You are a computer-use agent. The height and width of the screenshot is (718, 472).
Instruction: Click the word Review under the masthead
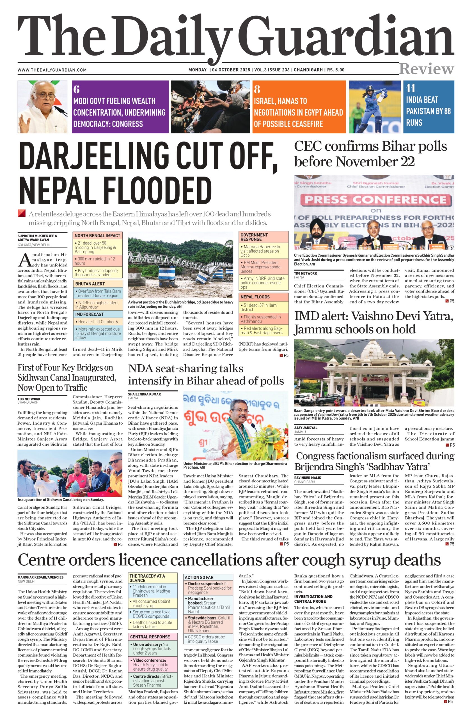tap(426, 69)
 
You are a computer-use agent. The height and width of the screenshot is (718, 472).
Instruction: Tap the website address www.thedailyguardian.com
tap(52, 70)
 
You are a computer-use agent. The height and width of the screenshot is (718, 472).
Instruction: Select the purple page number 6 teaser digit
tap(76, 89)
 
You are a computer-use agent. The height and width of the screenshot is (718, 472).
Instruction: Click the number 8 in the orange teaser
tap(257, 89)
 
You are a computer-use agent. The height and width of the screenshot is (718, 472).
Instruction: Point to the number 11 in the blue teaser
tap(411, 88)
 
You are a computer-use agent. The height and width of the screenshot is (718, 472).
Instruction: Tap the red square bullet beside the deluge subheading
tap(21, 213)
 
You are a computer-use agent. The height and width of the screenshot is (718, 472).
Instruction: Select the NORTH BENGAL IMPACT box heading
tap(97, 236)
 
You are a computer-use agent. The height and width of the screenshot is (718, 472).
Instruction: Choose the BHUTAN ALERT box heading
tap(90, 284)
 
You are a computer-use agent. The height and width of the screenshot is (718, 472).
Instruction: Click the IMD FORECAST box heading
tap(89, 314)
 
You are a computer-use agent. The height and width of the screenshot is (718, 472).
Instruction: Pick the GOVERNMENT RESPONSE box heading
tap(254, 237)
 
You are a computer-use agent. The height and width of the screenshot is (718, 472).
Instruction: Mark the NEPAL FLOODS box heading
tap(255, 297)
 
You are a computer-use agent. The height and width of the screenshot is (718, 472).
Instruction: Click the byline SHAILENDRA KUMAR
tap(144, 394)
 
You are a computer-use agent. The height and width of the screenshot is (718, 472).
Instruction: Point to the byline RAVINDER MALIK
tap(308, 478)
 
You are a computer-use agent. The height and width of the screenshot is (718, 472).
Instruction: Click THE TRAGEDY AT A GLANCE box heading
tap(147, 578)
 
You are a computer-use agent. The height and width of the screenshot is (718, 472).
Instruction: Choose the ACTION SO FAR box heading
tap(199, 577)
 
